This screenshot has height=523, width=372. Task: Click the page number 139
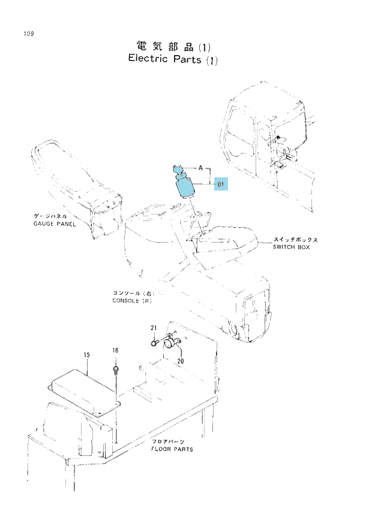click(29, 34)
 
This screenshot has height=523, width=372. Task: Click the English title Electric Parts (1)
click(173, 59)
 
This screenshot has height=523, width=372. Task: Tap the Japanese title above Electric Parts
click(173, 46)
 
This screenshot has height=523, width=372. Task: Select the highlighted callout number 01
click(221, 184)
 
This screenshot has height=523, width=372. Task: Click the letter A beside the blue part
click(200, 168)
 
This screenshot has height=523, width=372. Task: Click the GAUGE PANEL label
click(55, 224)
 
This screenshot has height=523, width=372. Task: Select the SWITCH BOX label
click(291, 247)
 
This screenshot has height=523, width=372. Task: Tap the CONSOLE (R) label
click(132, 301)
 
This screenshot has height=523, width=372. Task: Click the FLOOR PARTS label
click(172, 449)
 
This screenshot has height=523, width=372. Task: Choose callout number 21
click(154, 328)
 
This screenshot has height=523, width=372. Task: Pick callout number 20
click(181, 361)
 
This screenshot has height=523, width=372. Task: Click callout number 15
click(87, 355)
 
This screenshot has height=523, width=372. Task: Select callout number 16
click(115, 350)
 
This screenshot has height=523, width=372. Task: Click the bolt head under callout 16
click(116, 370)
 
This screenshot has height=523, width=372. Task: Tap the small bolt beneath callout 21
click(155, 343)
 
